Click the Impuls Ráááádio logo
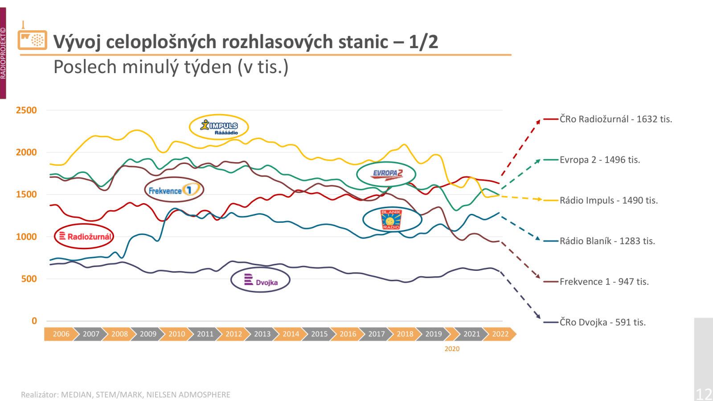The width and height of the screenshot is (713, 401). pyautogui.click(x=219, y=127)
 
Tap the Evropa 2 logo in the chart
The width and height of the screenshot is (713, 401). pyautogui.click(x=386, y=174)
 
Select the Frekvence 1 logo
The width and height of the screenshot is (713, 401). pyautogui.click(x=174, y=190)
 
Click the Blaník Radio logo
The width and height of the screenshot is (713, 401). pyautogui.click(x=392, y=219)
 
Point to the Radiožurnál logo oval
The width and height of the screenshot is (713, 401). pyautogui.click(x=84, y=236)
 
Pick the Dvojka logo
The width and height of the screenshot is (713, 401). pyautogui.click(x=260, y=280)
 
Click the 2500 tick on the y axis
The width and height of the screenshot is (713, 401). pyautogui.click(x=26, y=110)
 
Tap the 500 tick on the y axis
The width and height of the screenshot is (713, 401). pyautogui.click(x=29, y=279)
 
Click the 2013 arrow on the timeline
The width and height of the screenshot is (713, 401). pyautogui.click(x=262, y=334)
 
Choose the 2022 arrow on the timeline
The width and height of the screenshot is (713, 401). pyautogui.click(x=500, y=334)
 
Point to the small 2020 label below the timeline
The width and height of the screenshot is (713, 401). pyautogui.click(x=452, y=349)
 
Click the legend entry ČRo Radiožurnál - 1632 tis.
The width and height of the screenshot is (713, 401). pyautogui.click(x=615, y=119)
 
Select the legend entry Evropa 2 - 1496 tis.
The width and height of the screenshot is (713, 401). pyautogui.click(x=599, y=160)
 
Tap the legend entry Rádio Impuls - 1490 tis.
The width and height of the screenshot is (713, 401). pyautogui.click(x=608, y=200)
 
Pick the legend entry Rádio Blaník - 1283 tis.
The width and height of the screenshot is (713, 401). pyautogui.click(x=607, y=241)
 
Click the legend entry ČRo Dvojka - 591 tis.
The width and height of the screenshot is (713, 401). pyautogui.click(x=602, y=322)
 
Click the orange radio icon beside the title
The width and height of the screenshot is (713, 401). pyautogui.click(x=32, y=39)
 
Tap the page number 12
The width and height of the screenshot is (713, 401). pyautogui.click(x=704, y=394)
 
